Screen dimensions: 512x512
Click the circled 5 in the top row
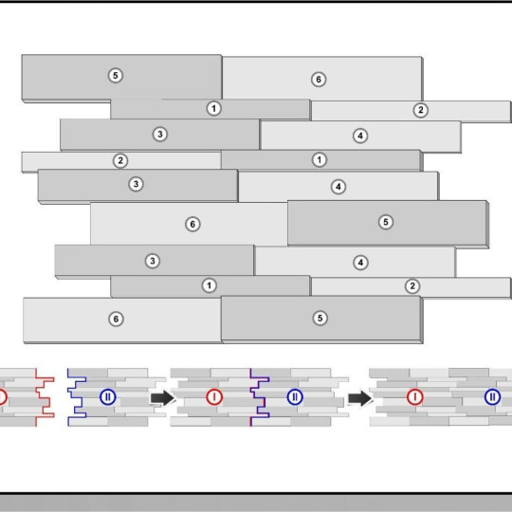point(116,76)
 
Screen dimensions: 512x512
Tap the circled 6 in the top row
point(319,80)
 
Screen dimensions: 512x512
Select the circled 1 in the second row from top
point(214,108)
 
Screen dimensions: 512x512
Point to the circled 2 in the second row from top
point(421,110)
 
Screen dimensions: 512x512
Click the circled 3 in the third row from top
point(160,135)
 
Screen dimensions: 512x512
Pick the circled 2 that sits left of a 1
point(120,160)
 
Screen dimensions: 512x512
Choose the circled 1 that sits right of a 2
point(320,159)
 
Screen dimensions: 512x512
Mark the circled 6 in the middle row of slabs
point(192,225)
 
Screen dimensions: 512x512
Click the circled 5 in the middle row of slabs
point(386,222)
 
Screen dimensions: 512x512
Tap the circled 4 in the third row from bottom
point(360,263)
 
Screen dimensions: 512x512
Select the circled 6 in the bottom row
point(116,319)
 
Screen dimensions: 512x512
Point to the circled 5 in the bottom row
point(320,318)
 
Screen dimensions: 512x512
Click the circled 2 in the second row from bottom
point(412,286)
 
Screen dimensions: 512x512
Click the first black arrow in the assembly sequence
point(163,398)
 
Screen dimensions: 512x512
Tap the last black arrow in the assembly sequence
point(360,398)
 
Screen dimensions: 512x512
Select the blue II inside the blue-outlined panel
point(108,397)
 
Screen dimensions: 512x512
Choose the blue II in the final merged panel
point(492,397)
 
